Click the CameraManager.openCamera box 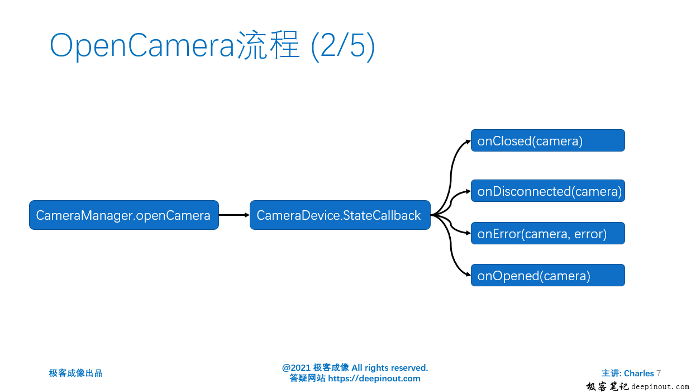[123, 215]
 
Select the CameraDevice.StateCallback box [340, 215]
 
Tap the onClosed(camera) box [547, 141]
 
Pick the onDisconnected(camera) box [547, 191]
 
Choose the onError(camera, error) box [547, 233]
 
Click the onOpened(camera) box [547, 275]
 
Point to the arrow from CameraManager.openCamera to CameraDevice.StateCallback [233, 215]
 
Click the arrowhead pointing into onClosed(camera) [468, 141]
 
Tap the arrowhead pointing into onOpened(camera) [468, 275]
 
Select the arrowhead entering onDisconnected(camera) [468, 191]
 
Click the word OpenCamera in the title [142, 46]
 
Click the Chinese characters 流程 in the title [269, 46]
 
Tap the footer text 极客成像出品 [76, 373]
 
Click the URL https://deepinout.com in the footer [374, 379]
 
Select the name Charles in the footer [638, 373]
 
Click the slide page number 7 [659, 373]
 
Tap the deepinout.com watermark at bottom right [660, 386]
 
